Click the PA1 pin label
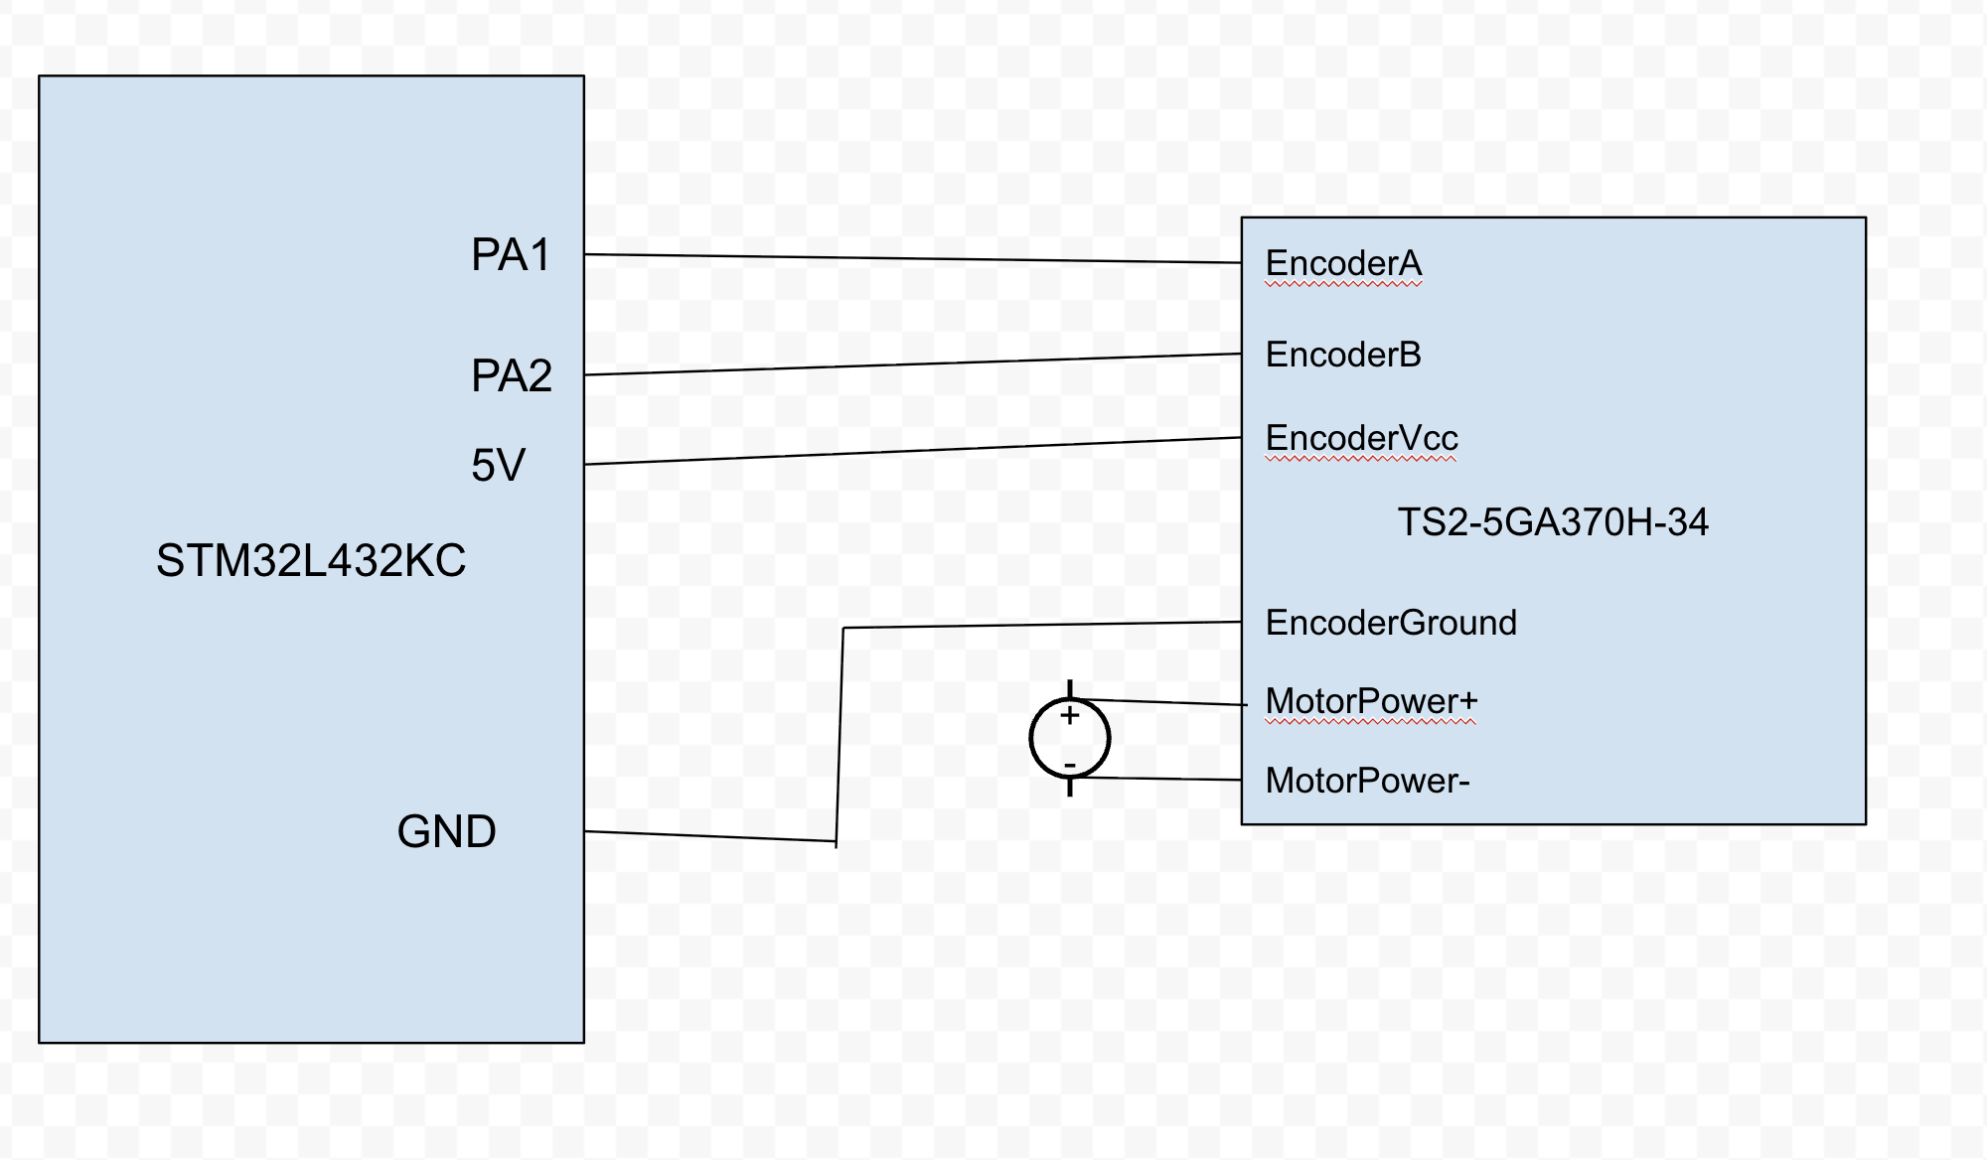(x=510, y=255)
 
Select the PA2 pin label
(x=511, y=376)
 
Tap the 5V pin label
(x=498, y=465)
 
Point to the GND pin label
(x=446, y=832)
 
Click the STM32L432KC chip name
(x=311, y=561)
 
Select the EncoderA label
(x=1343, y=264)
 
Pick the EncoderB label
(x=1343, y=355)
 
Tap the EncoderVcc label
(x=1361, y=438)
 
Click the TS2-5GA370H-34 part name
(x=1553, y=522)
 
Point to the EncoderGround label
(x=1391, y=623)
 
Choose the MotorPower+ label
(x=1371, y=701)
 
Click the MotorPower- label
(x=1367, y=781)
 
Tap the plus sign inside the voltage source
(x=1070, y=715)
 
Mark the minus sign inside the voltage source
(x=1070, y=765)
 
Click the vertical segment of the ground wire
(x=840, y=735)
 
